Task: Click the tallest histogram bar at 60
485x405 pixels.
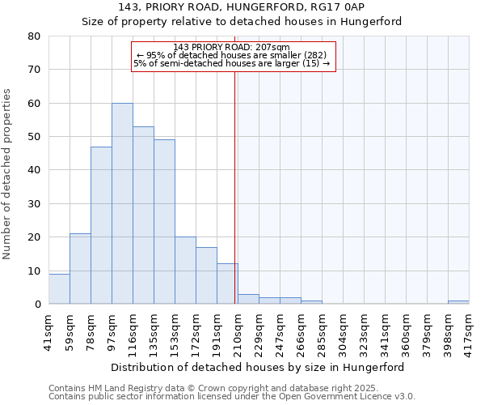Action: (122, 203)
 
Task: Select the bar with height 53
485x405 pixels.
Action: (143, 215)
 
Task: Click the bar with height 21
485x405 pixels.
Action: (80, 269)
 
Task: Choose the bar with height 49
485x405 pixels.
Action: (164, 222)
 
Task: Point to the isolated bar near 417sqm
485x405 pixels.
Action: (458, 302)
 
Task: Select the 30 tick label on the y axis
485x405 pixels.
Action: (34, 204)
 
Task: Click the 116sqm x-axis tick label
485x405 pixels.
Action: (133, 331)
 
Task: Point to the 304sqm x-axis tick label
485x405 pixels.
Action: (344, 331)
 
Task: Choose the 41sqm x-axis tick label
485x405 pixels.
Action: (49, 330)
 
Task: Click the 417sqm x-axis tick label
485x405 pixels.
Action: (470, 331)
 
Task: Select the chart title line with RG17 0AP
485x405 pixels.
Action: (242, 7)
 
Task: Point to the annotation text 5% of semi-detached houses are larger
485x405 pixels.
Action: (232, 63)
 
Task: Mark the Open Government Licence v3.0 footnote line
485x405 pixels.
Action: (232, 397)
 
